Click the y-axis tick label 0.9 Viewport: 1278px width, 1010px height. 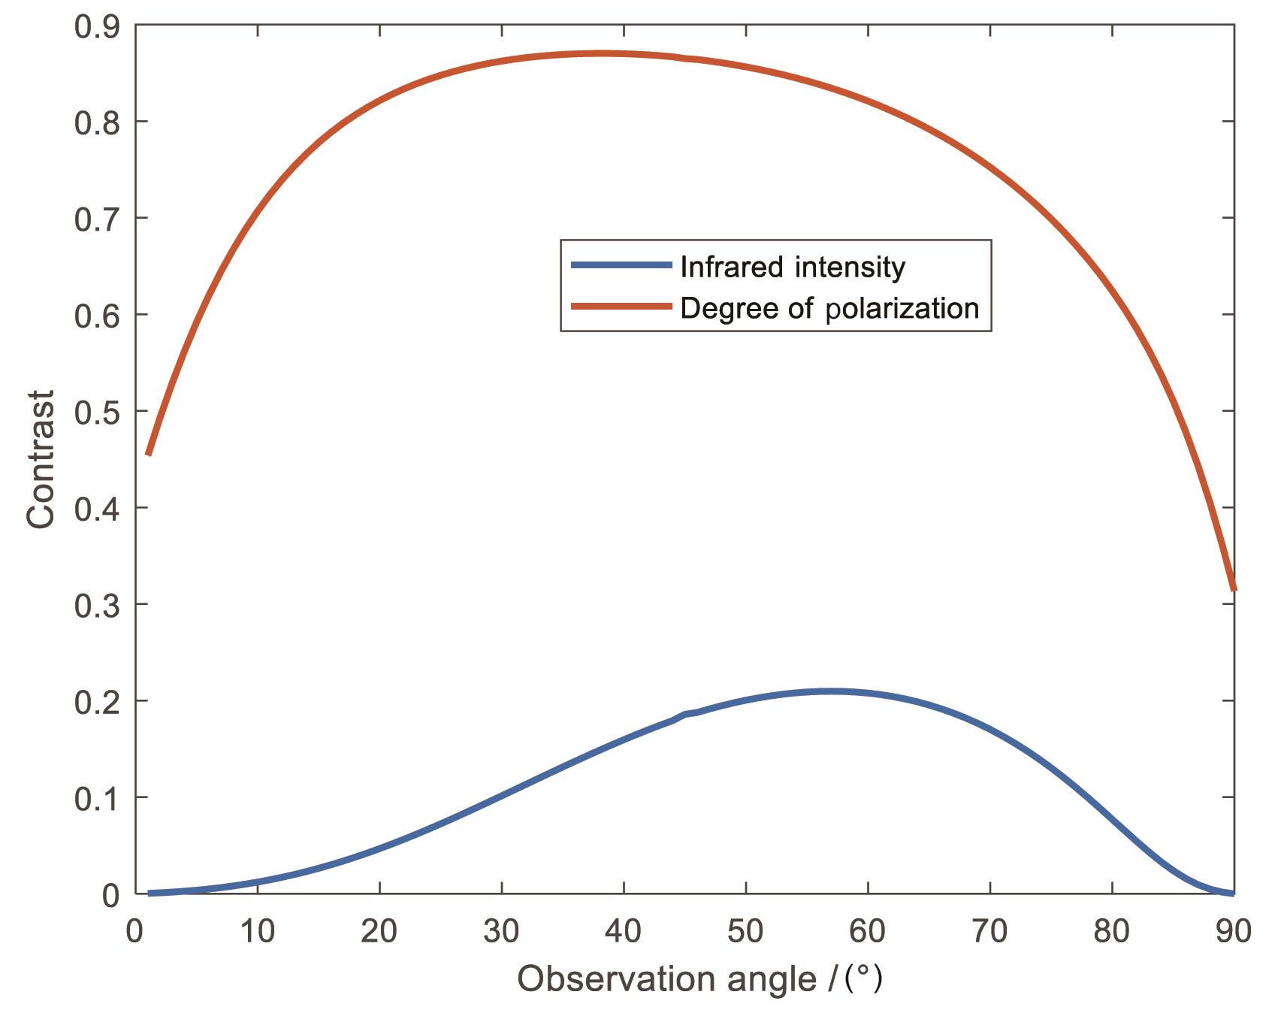[97, 27]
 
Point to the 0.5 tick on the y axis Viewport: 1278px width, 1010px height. [97, 412]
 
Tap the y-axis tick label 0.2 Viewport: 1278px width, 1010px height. [97, 702]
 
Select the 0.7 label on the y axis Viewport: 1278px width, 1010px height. [97, 219]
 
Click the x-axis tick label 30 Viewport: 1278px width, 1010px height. [501, 932]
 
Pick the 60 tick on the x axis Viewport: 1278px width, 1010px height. [868, 932]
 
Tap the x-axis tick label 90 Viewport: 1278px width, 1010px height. [1233, 932]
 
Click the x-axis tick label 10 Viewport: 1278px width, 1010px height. [258, 932]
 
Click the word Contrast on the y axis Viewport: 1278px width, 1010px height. [41, 459]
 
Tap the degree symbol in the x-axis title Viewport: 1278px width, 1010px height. [863, 975]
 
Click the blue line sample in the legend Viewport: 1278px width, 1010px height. [621, 265]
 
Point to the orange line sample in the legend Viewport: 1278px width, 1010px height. [621, 306]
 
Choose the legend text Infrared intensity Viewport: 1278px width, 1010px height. [793, 267]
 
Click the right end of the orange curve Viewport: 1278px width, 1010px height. [1233, 588]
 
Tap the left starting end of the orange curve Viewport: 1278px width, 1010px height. [149, 454]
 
